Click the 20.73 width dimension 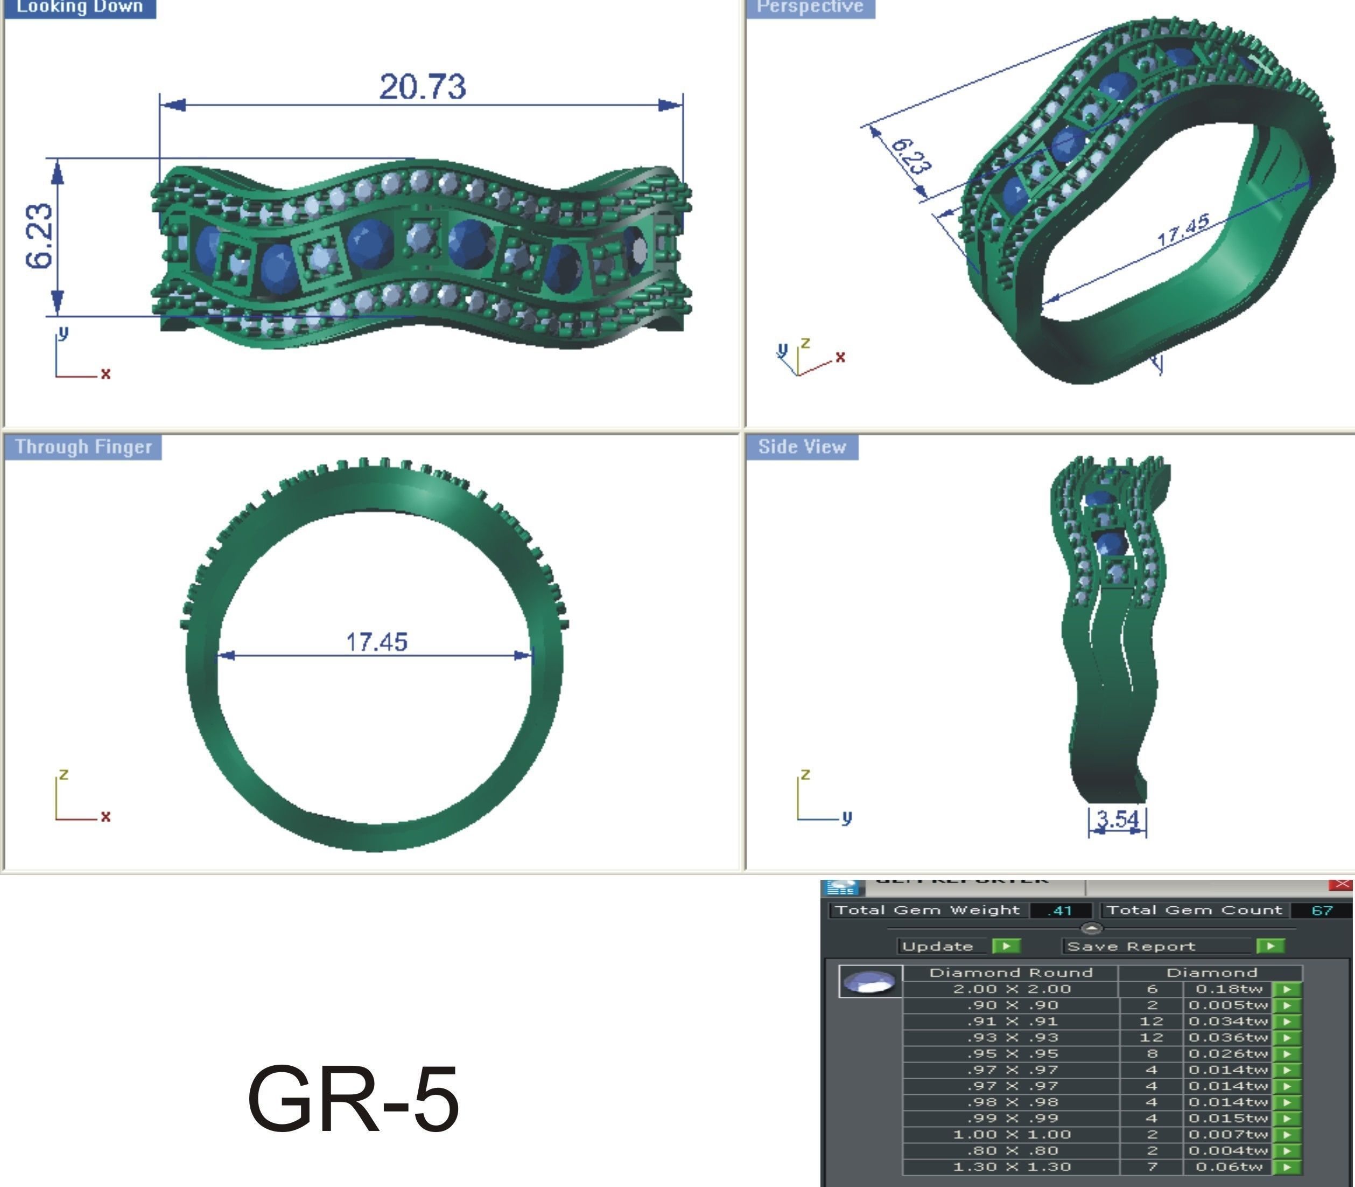coord(422,87)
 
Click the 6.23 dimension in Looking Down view coord(40,237)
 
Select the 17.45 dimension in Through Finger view coord(377,641)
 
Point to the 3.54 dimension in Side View coord(1118,818)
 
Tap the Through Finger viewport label coord(83,447)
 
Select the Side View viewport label coord(802,447)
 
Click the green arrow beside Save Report coord(1269,946)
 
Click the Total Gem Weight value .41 coord(1061,910)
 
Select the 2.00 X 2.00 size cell coord(1012,989)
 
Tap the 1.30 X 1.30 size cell coord(1012,1167)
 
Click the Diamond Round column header coord(1011,973)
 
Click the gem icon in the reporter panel coord(870,982)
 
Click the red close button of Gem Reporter coord(1341,884)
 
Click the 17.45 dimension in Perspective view coord(1184,230)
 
